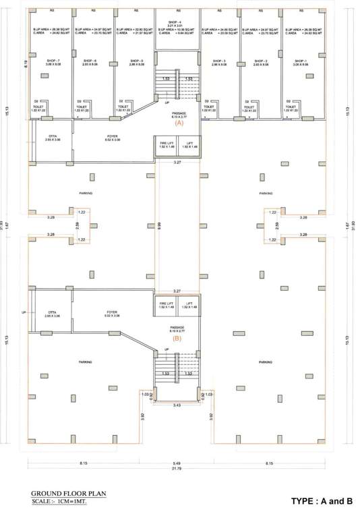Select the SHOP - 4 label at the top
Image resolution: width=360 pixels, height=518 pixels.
point(178,22)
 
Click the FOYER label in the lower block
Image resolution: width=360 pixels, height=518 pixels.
point(112,314)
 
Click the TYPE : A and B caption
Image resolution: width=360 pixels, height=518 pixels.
point(322,501)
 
